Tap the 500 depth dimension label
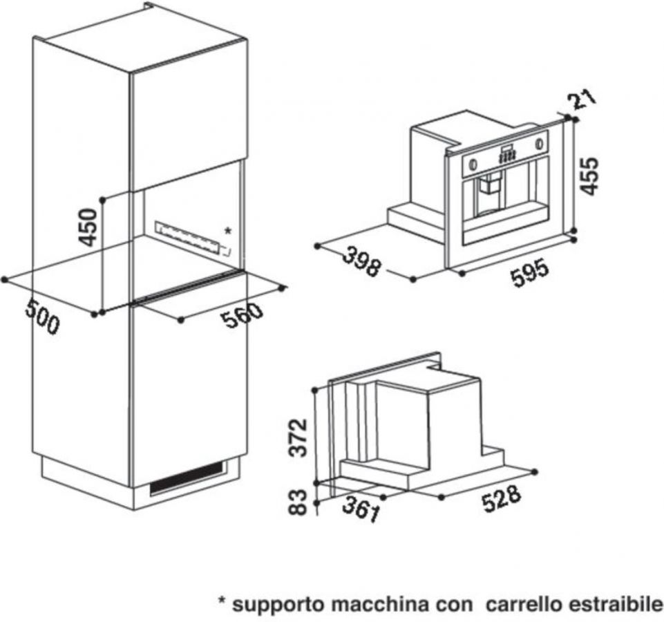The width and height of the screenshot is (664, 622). click(x=41, y=318)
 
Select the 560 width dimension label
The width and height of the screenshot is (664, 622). click(x=243, y=314)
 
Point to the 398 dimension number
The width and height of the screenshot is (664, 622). click(x=361, y=262)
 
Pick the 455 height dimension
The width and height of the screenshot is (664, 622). click(x=589, y=176)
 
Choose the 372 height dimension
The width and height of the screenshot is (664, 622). click(x=298, y=437)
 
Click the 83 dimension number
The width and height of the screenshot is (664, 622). click(x=297, y=502)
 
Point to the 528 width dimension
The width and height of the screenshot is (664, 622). click(x=501, y=499)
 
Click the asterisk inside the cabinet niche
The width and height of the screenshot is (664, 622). click(x=228, y=231)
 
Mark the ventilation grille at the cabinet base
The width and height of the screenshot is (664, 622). click(x=187, y=478)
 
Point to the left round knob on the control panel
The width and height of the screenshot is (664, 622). click(x=472, y=162)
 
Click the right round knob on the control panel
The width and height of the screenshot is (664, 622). click(x=539, y=143)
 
